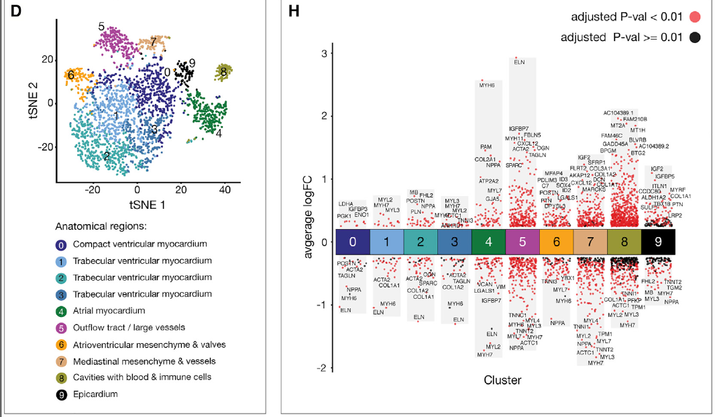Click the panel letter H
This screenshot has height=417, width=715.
click(x=293, y=11)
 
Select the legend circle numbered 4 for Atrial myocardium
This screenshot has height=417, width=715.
click(x=61, y=311)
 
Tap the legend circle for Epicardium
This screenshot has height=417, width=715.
click(x=61, y=393)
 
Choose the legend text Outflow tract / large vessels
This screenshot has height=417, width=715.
click(x=129, y=328)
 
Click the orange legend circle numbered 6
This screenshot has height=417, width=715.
click(x=61, y=344)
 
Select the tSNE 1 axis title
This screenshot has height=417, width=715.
click(x=140, y=202)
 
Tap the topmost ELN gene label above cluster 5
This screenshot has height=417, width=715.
click(x=519, y=62)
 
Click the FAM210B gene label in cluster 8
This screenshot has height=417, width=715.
click(x=635, y=119)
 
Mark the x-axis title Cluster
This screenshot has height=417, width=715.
click(x=502, y=380)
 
